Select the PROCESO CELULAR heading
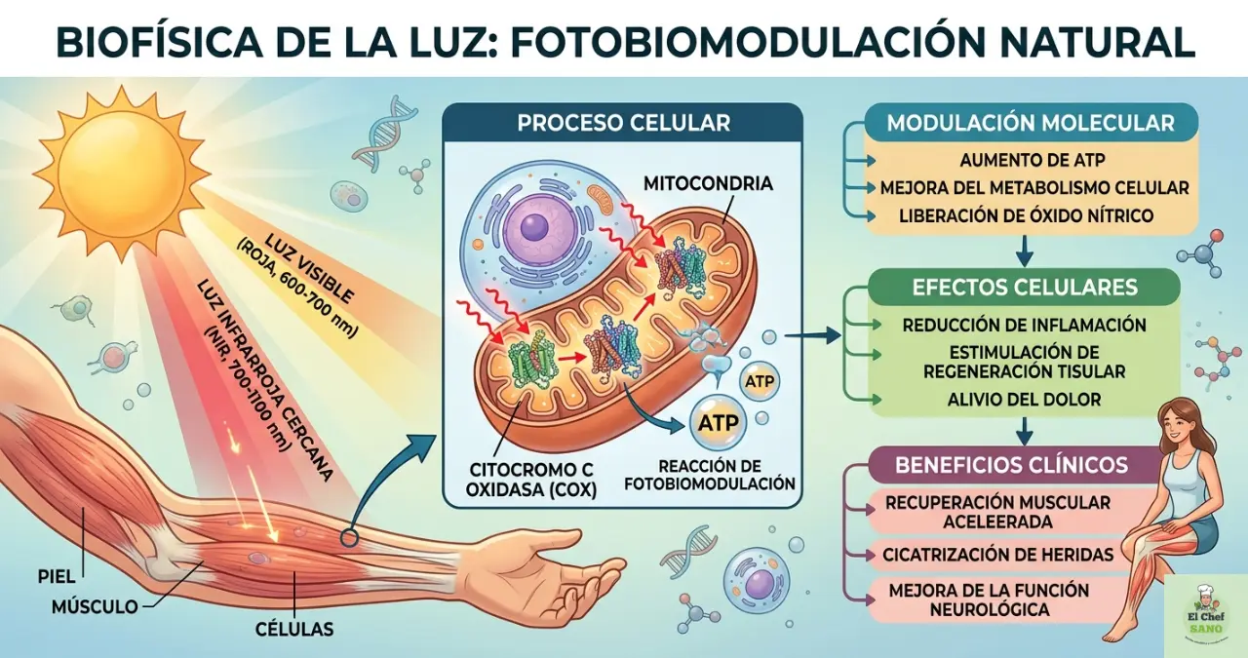(x=623, y=124)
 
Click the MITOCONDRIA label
(x=708, y=183)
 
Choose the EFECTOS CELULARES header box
(x=1024, y=288)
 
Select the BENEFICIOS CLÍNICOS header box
(x=1011, y=464)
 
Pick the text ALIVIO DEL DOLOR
(x=1024, y=399)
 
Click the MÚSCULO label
(x=95, y=607)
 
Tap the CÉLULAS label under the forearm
(x=295, y=630)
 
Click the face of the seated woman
(x=1177, y=429)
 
